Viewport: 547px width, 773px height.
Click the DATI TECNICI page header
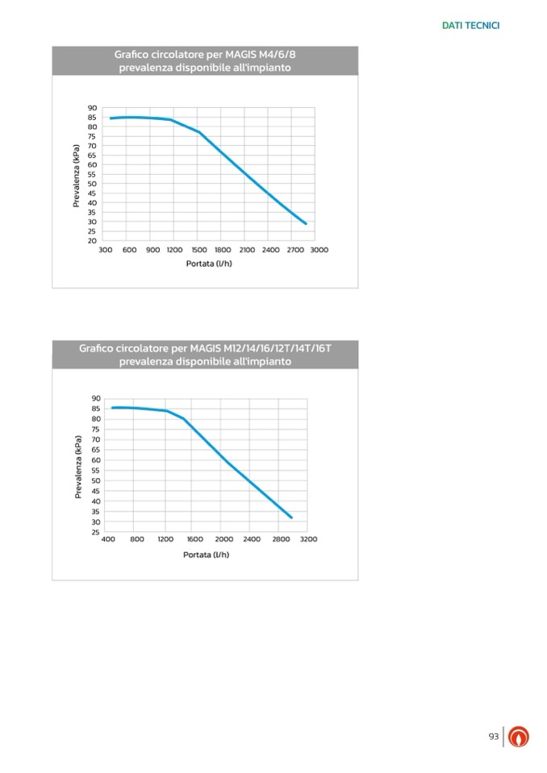pos(470,26)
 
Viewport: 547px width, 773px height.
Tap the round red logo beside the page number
pos(519,737)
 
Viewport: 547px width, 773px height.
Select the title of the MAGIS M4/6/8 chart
pos(205,61)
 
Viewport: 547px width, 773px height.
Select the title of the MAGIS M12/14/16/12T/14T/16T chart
pos(205,355)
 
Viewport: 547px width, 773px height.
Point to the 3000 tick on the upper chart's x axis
pos(319,250)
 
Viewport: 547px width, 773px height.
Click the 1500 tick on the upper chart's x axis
pos(199,250)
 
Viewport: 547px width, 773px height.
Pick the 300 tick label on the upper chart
pos(105,250)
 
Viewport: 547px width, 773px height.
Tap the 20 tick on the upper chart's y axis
pos(92,240)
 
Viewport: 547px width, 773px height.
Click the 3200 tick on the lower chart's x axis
pos(308,539)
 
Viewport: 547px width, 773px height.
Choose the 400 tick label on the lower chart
pos(108,539)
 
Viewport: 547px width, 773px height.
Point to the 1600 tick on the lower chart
pos(194,539)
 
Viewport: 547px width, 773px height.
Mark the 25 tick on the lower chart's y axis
pos(96,532)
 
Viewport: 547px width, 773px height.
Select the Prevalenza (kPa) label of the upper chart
pos(77,175)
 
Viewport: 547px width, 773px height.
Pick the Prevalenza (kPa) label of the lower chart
pos(78,466)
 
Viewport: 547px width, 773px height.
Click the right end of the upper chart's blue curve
pos(306,223)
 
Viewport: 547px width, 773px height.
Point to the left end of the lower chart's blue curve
pos(112,408)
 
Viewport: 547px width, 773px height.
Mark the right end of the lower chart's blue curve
pos(291,517)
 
